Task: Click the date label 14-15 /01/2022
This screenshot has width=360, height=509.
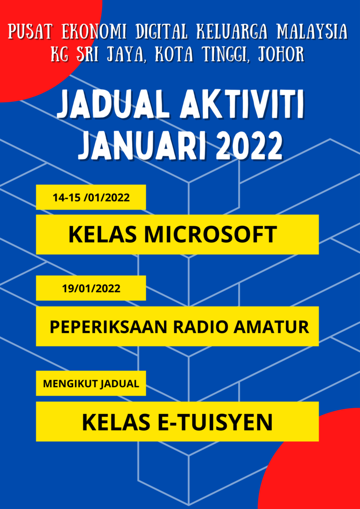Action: tap(91, 197)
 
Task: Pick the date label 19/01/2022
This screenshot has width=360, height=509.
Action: tap(91, 288)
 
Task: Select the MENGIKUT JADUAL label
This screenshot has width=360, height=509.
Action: tap(91, 383)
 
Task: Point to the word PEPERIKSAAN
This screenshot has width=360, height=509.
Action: tap(109, 327)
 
